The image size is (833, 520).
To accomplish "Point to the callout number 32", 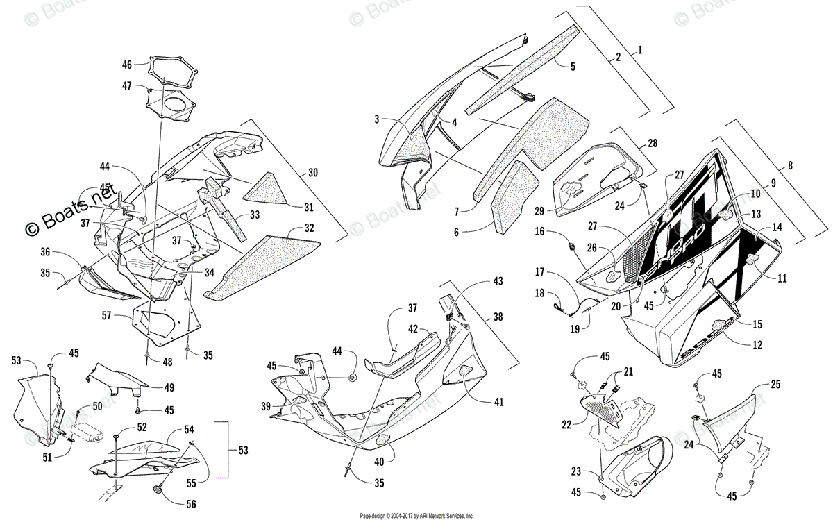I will pyautogui.click(x=309, y=228).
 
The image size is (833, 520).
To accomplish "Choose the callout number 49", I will pyautogui.click(x=169, y=387).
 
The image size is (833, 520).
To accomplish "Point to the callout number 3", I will pyautogui.click(x=377, y=119).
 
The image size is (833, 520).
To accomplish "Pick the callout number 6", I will pyautogui.click(x=456, y=232).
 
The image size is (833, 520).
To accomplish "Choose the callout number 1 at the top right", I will pyautogui.click(x=639, y=49).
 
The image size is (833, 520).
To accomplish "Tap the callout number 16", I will pyautogui.click(x=539, y=232).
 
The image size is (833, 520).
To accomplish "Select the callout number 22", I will pyautogui.click(x=566, y=423).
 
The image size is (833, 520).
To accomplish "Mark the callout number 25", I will pyautogui.click(x=775, y=384).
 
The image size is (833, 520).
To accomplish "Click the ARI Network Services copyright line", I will pyautogui.click(x=416, y=516).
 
